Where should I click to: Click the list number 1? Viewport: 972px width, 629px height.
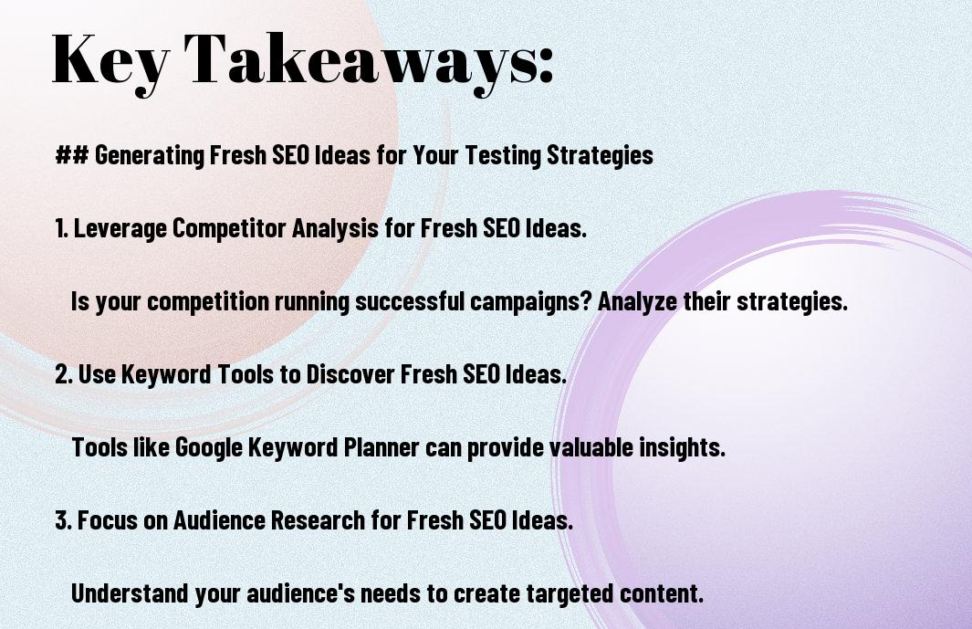[61, 228]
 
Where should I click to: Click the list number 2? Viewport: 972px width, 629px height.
[64, 374]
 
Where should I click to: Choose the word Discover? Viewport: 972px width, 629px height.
[350, 374]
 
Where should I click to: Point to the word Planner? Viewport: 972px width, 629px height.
[381, 447]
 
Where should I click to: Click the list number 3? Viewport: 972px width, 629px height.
[64, 519]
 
